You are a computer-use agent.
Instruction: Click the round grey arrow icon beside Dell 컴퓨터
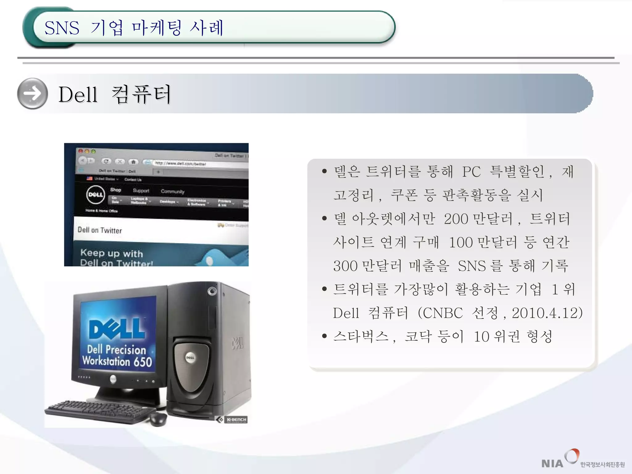click(32, 94)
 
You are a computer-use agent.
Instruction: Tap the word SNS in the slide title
click(62, 28)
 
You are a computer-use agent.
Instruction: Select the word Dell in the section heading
click(78, 94)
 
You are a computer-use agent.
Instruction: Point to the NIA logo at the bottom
click(552, 463)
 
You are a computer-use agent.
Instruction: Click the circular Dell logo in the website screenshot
click(95, 195)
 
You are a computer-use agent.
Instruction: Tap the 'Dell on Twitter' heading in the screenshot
click(100, 230)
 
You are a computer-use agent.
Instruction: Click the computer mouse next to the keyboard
click(158, 419)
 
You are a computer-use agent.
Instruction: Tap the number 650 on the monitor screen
click(143, 362)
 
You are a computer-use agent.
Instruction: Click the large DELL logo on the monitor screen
click(117, 329)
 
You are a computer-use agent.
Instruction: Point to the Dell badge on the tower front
click(190, 357)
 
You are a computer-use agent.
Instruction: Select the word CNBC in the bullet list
click(443, 313)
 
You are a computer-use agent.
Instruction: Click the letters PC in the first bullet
click(471, 172)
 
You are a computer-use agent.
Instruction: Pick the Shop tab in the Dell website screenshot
click(116, 190)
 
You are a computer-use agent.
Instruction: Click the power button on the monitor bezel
click(113, 379)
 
